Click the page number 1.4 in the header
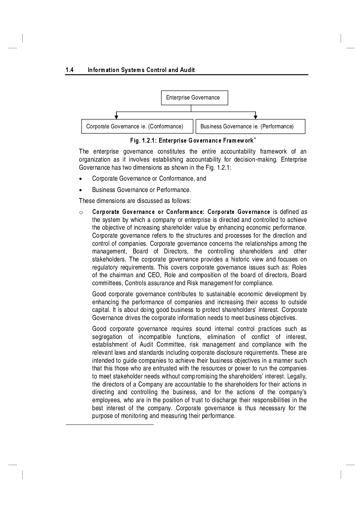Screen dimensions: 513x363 click(x=70, y=70)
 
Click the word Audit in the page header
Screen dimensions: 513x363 click(x=187, y=70)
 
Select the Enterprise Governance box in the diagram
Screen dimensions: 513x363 click(x=194, y=98)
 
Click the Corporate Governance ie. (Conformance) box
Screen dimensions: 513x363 click(x=137, y=127)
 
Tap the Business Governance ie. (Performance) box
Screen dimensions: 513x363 click(x=250, y=127)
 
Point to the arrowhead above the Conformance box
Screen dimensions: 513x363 click(x=116, y=117)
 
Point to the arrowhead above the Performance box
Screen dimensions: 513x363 click(x=255, y=117)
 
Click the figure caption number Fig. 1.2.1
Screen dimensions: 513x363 click(x=143, y=141)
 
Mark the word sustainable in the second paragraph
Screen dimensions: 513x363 click(x=221, y=294)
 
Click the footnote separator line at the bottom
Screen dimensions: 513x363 click(x=110, y=425)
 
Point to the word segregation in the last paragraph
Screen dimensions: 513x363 click(x=107, y=337)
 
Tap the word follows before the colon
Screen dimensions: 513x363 click(x=180, y=201)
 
